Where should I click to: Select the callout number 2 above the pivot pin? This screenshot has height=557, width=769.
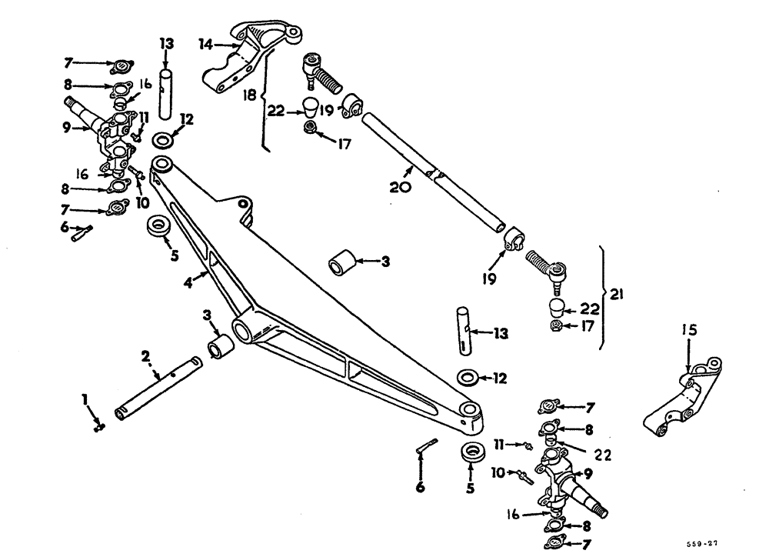145,356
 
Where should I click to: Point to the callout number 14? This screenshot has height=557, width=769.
205,45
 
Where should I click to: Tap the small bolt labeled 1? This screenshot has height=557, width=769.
98,426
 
